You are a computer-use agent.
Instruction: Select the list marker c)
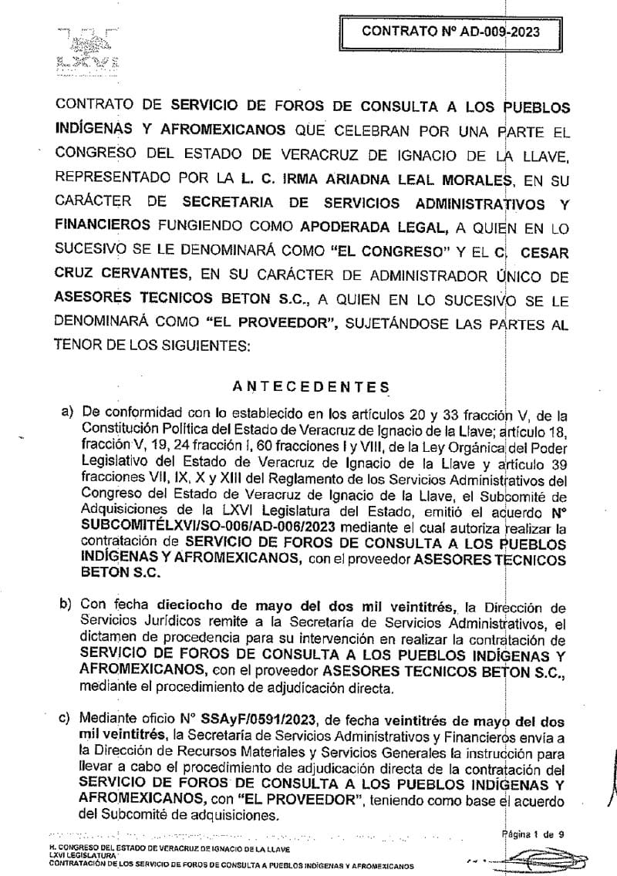click(x=67, y=719)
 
